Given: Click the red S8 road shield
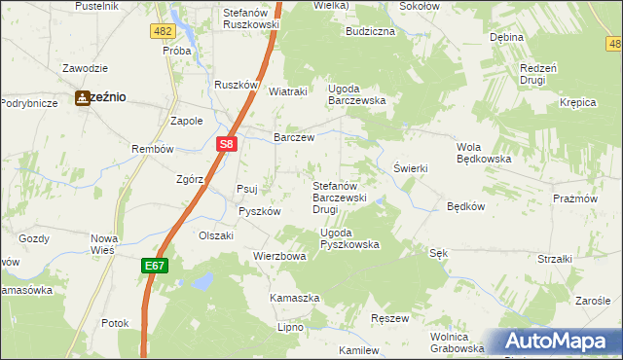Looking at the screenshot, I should pos(226,145).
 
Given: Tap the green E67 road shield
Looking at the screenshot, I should pos(156,265).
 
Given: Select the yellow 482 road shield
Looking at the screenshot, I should pos(163,31).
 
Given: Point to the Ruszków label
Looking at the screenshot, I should pos(235,85).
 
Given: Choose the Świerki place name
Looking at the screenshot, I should pos(411,167).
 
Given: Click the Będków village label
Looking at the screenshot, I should pos(465,206).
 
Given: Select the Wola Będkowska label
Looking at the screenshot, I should pos(484,153).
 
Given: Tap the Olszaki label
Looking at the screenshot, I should pos(216,235).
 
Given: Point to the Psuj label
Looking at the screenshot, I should pos(247,190).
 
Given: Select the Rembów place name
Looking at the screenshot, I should pos(152,149).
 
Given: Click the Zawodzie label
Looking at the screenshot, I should pos(84,69).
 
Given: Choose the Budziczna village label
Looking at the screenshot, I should pos(370,31).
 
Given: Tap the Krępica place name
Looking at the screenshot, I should pos(577,102).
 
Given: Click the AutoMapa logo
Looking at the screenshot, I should pos(561,342).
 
